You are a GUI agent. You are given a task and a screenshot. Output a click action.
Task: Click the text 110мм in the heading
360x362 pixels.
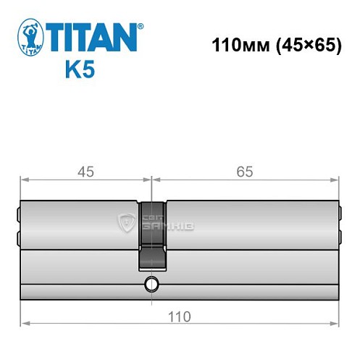[234, 44]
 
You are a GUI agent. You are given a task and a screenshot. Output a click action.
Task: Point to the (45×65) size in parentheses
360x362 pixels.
[300, 44]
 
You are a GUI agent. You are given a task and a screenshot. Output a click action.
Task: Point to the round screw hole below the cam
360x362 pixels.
[151, 283]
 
